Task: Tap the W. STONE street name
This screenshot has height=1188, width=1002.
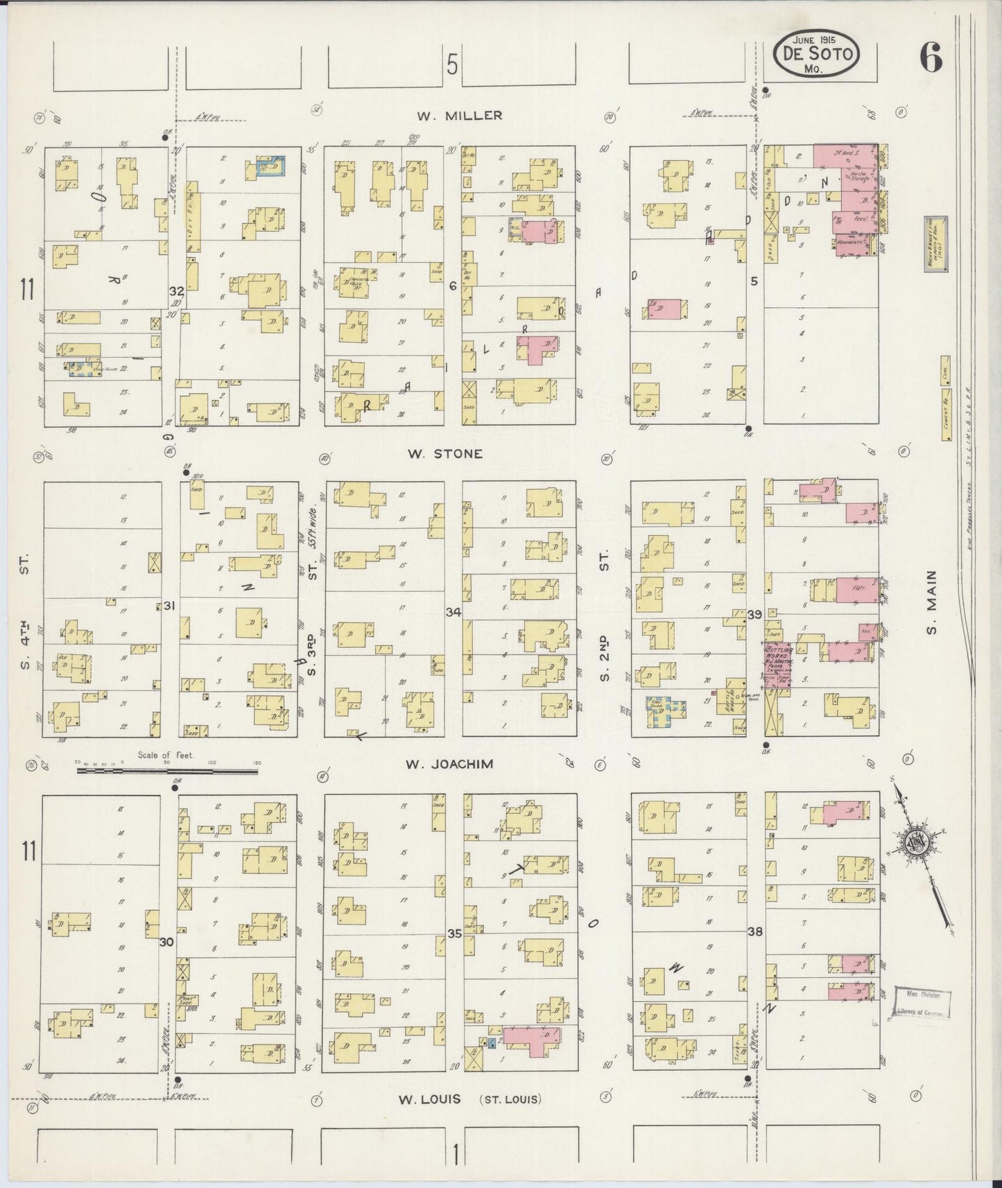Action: (x=444, y=454)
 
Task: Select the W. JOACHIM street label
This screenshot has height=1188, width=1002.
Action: (x=449, y=764)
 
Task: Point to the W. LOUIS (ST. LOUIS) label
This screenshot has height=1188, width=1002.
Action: (x=470, y=1099)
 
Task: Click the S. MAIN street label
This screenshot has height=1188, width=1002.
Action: (x=930, y=602)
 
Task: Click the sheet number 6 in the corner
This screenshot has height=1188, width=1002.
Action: (x=931, y=61)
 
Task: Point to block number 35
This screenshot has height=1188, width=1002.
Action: (x=454, y=934)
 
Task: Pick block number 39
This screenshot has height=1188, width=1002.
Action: (x=754, y=614)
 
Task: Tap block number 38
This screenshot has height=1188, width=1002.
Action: (x=755, y=932)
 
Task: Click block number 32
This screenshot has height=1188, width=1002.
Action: (x=176, y=292)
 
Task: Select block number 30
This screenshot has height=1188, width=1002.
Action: (x=166, y=942)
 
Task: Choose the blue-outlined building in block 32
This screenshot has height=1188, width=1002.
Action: (x=270, y=166)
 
